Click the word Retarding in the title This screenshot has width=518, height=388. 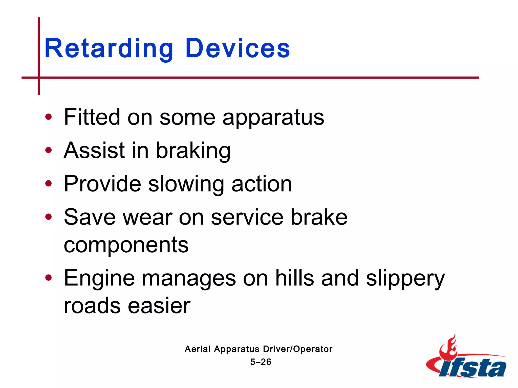pyautogui.click(x=109, y=48)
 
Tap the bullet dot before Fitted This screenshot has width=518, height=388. pyautogui.click(x=48, y=117)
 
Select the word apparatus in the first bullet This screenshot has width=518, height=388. pyautogui.click(x=273, y=118)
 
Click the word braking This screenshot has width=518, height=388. pyautogui.click(x=193, y=151)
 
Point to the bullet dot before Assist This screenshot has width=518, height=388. pyautogui.click(x=48, y=150)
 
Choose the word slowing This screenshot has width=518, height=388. pyautogui.click(x=186, y=184)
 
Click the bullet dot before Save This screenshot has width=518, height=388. pyautogui.click(x=48, y=217)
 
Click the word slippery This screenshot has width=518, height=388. pyautogui.click(x=405, y=279)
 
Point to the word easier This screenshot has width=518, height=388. pyautogui.click(x=159, y=306)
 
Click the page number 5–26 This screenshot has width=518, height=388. pyautogui.click(x=261, y=362)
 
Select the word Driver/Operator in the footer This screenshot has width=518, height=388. pyautogui.click(x=297, y=349)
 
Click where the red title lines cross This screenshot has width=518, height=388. pyautogui.click(x=39, y=78)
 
